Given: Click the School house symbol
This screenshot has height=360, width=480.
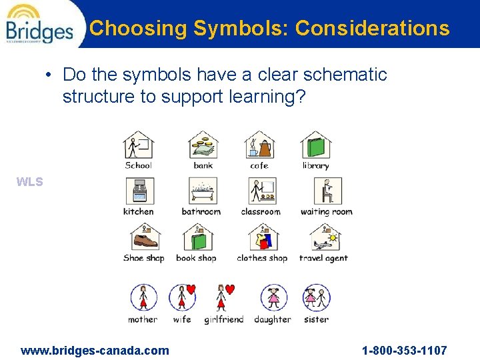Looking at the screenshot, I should coord(139,145).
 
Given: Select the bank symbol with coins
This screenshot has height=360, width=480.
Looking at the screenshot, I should coord(203,145).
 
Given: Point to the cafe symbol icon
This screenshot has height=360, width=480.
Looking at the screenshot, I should coord(259,145).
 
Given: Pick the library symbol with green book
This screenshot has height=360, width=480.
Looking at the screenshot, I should coord(315,145).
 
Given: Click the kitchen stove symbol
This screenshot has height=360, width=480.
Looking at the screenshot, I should coord(139,191).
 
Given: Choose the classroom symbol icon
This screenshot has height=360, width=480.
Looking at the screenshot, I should coord(261,191).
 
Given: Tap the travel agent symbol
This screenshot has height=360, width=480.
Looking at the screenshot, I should coord(324,238).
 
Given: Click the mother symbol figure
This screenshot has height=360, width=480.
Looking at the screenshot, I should coord(143,297).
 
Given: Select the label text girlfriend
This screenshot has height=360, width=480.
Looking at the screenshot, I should coord(224,320).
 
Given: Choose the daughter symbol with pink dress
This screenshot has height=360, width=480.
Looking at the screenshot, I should coord(273,297).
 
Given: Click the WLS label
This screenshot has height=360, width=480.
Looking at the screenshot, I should coord(30,182).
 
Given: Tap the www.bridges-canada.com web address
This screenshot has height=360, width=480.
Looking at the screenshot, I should coord(95,350).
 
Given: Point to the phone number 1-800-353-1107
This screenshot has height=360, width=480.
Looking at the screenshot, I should coord(404,350).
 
